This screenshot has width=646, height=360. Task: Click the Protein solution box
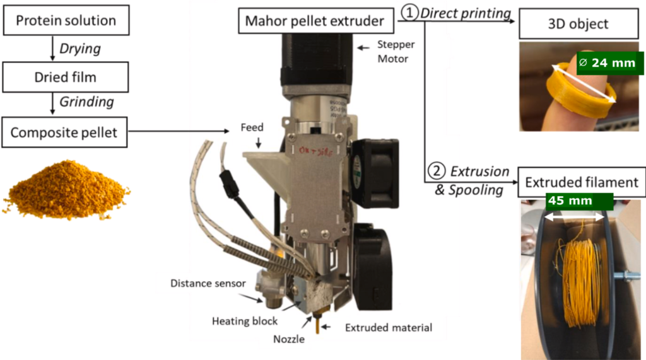66,21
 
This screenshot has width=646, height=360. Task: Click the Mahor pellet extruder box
315,21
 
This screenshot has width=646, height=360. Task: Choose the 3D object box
578,25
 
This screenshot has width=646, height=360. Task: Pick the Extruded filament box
581,182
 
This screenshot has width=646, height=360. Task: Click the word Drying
79,49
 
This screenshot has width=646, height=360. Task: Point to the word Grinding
86,102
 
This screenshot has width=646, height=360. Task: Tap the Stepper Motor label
393,52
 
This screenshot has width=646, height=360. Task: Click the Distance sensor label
207,283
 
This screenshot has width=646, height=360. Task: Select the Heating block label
245,321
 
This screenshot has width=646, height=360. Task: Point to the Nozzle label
290,339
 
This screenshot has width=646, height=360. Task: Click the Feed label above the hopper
252,127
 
